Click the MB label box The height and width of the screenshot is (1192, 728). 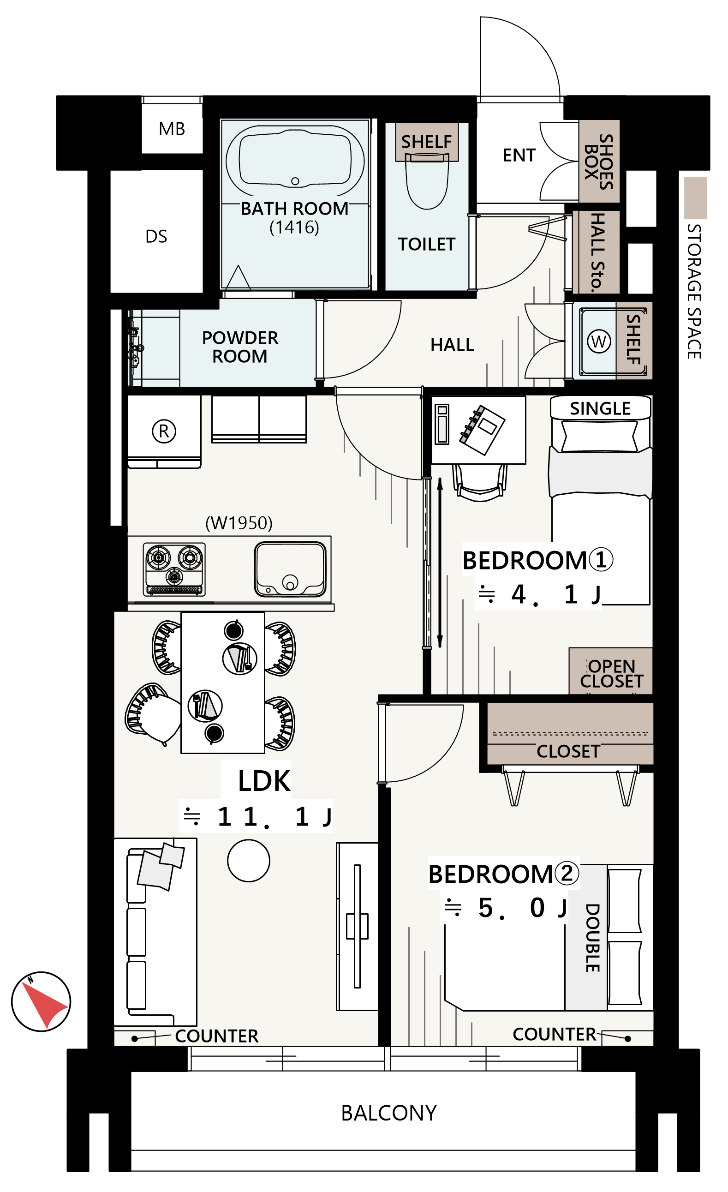(x=172, y=129)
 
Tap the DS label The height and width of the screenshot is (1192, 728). (x=156, y=237)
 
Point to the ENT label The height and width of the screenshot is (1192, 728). (x=519, y=156)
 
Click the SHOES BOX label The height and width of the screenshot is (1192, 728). (x=599, y=162)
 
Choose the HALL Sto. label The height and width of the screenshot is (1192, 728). (x=598, y=252)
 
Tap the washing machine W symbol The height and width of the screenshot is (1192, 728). (x=599, y=341)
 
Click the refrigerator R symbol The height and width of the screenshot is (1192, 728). (x=164, y=431)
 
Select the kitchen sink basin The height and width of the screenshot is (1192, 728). (x=290, y=569)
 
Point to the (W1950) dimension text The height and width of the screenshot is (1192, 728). (x=239, y=523)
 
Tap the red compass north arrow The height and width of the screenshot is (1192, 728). (x=43, y=1002)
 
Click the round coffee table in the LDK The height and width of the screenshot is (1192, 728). (x=249, y=861)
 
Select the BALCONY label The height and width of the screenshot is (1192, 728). (x=389, y=1113)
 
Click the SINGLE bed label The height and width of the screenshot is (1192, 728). (x=600, y=409)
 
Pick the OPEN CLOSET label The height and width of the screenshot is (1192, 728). (x=611, y=673)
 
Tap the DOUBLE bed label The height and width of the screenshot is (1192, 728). (x=593, y=938)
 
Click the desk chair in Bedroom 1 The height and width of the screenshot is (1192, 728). (x=480, y=482)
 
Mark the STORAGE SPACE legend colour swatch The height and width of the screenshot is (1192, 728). (x=696, y=198)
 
